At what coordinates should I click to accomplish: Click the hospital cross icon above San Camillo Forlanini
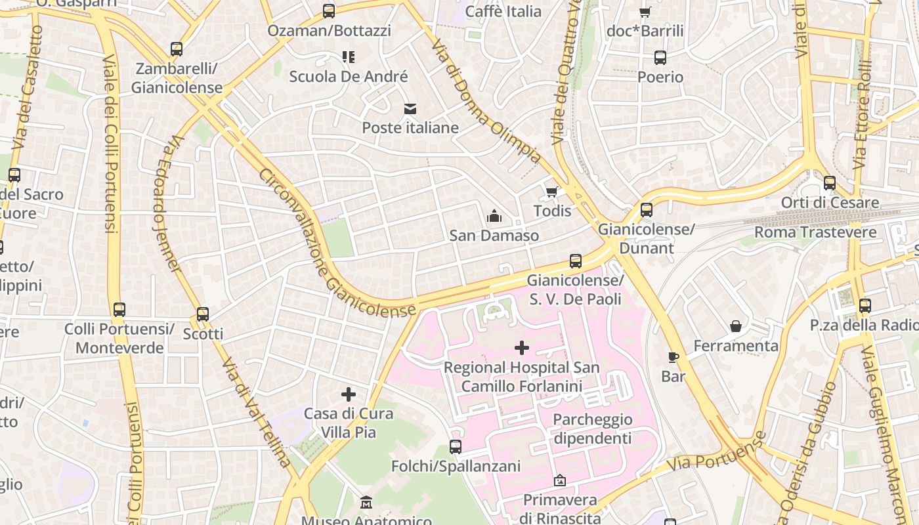[522, 347]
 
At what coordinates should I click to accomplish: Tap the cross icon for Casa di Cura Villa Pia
[349, 394]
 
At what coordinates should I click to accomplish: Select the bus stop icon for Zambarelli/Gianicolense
[177, 49]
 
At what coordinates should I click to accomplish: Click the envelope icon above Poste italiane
[410, 108]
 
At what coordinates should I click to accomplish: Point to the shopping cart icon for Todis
[552, 192]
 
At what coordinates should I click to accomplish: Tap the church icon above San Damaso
[494, 216]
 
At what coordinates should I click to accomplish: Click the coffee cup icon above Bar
[673, 357]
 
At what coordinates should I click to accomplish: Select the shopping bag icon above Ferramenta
[736, 326]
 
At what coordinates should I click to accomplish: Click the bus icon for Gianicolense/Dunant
[647, 210]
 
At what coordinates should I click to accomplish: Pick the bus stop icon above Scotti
[203, 314]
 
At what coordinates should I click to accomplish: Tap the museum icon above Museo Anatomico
[366, 503]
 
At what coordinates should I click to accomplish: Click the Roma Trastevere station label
[815, 232]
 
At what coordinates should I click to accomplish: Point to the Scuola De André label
[349, 77]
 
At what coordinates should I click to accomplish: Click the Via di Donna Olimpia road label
[486, 101]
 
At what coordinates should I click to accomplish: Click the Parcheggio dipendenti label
[593, 429]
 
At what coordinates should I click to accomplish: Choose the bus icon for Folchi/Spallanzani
[456, 447]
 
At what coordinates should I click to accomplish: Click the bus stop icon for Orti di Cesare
[830, 183]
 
